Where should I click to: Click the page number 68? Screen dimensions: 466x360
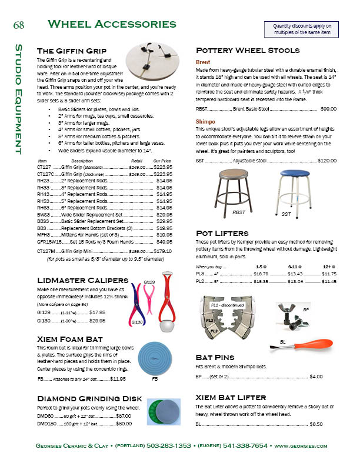point(18,25)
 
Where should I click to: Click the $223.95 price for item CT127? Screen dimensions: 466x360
point(162,167)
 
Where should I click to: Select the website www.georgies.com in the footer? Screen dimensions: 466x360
point(301,446)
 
